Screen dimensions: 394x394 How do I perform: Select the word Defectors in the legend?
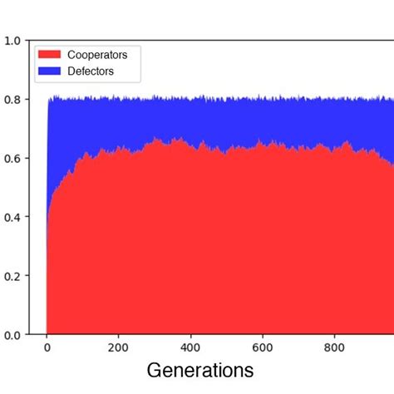click(91, 71)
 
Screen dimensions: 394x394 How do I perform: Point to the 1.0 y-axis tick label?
click(12, 41)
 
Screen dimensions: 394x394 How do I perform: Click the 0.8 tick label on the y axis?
click(12, 100)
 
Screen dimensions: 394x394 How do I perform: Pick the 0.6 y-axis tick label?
click(12, 158)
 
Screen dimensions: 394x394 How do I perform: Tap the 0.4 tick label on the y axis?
click(12, 217)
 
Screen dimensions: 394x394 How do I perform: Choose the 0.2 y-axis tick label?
click(12, 276)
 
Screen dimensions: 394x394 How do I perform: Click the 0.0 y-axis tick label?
click(12, 335)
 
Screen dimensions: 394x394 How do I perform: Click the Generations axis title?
click(199, 371)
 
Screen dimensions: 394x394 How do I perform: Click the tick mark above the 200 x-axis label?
click(118, 337)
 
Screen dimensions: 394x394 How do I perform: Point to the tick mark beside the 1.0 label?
click(27, 41)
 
